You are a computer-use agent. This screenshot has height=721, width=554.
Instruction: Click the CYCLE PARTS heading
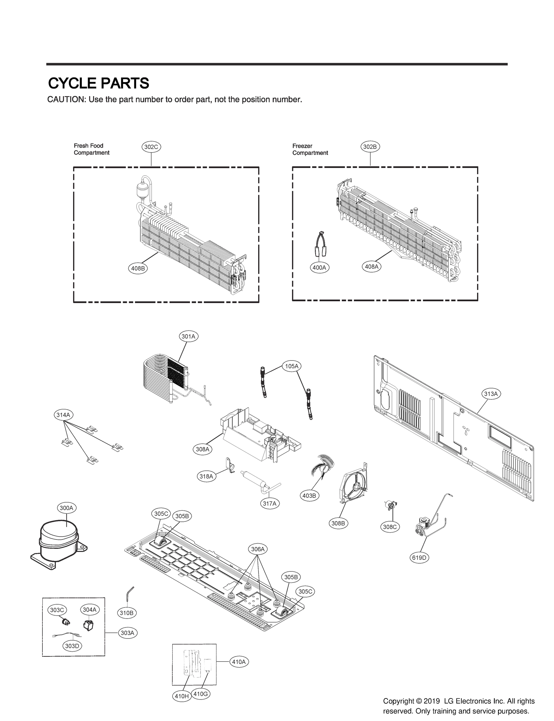[99, 84]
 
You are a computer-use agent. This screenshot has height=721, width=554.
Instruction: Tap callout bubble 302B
[370, 147]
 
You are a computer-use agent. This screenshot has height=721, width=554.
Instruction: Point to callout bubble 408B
[138, 268]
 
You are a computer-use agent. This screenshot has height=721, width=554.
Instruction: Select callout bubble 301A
[188, 336]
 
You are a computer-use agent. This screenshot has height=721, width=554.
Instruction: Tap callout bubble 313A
[491, 394]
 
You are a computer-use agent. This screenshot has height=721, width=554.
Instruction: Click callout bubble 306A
[258, 549]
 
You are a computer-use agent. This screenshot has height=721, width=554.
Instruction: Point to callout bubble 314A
[63, 415]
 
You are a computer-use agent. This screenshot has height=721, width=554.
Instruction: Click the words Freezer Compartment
[310, 149]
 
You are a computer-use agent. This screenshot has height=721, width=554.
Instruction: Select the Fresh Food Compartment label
[91, 149]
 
